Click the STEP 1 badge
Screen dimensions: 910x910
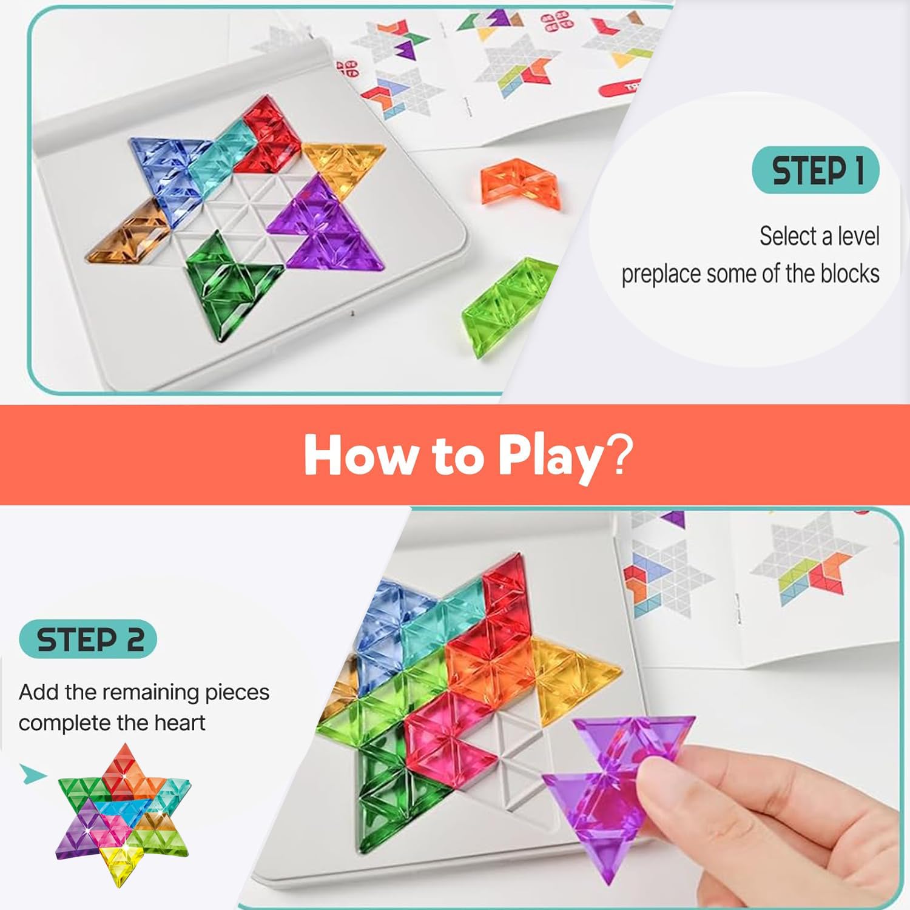tap(815, 170)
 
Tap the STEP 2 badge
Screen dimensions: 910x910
tap(88, 639)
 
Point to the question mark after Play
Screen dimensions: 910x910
tap(620, 454)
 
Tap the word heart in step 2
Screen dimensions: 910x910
tap(180, 723)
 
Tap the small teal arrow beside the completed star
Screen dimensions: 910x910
tap(33, 774)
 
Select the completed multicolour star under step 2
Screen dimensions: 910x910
tap(123, 806)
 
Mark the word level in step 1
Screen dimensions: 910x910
tap(857, 235)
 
